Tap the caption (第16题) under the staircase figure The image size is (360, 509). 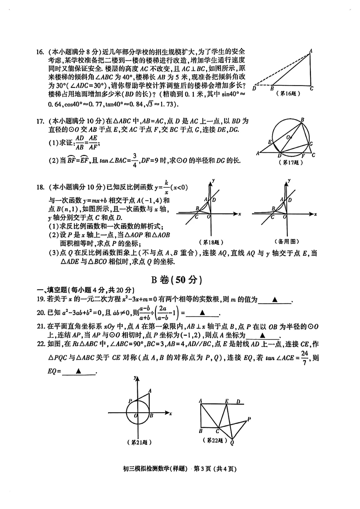tap(288, 94)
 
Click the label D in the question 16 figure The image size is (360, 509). tap(254, 88)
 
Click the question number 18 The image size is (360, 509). tap(40, 187)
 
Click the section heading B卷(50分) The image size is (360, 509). tap(177, 280)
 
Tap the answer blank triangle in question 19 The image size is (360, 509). tap(275, 300)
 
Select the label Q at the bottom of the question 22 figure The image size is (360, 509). tap(232, 443)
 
